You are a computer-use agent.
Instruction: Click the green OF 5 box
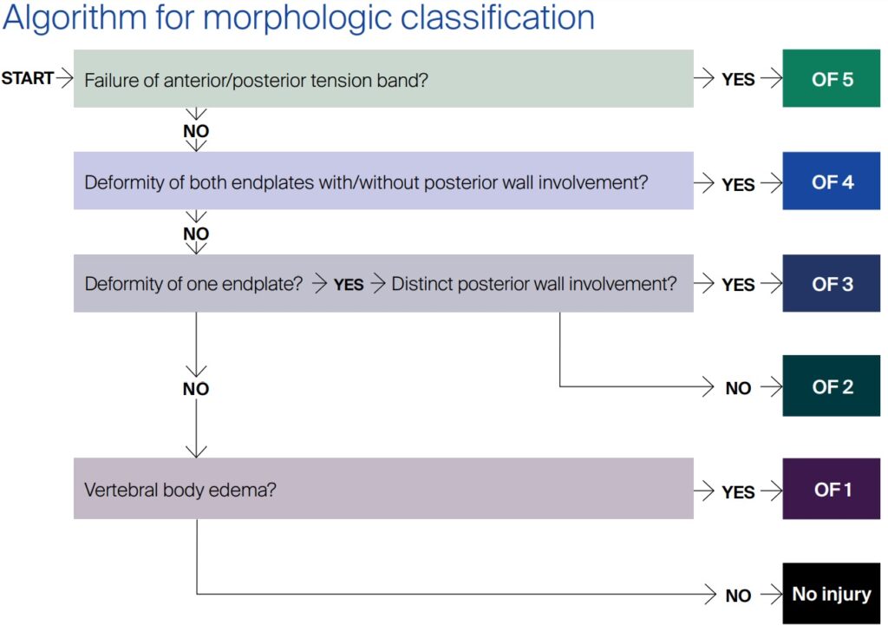pos(832,79)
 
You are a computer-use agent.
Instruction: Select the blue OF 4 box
pos(832,182)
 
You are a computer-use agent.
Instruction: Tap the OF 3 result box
pos(832,284)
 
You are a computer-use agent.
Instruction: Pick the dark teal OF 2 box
pos(832,386)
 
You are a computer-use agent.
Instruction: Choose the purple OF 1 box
pos(832,490)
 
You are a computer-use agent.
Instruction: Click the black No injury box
pos(832,594)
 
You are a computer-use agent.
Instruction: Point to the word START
pos(28,79)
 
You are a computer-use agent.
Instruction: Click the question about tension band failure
pos(258,80)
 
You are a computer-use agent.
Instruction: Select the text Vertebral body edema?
pos(180,490)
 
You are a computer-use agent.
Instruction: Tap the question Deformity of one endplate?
pos(193,284)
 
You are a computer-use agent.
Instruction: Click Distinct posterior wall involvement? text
pos(534,284)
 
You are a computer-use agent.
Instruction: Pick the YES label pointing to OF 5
pos(738,80)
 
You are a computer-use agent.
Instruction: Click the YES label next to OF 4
pos(738,184)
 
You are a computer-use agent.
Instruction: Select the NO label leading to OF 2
pos(738,388)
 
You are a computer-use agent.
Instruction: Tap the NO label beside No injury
pos(738,596)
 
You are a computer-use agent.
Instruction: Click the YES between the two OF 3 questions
pos(349,285)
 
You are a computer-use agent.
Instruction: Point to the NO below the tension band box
pos(196,132)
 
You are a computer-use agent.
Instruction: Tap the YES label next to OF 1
pos(738,492)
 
